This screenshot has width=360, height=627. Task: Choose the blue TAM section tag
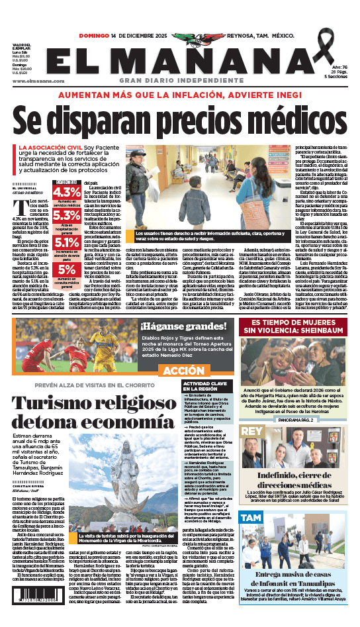(251, 517)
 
